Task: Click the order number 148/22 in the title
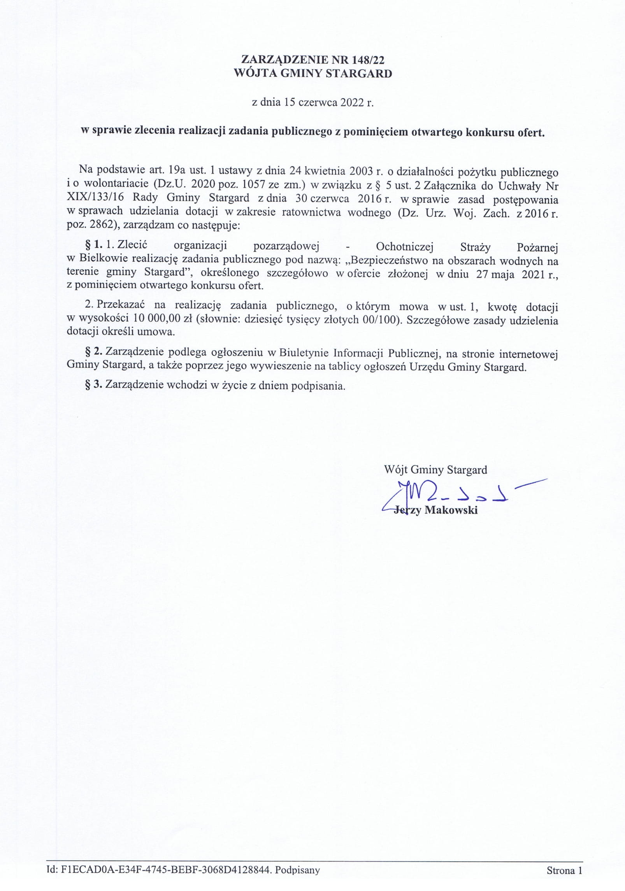(x=367, y=59)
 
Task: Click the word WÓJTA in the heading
(x=254, y=74)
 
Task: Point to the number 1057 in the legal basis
(x=254, y=186)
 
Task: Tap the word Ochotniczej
(x=406, y=247)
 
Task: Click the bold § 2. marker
(x=94, y=353)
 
